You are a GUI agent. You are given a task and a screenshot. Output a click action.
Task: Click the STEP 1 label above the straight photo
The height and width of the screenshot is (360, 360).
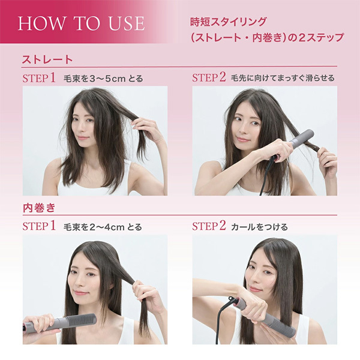pos(39,78)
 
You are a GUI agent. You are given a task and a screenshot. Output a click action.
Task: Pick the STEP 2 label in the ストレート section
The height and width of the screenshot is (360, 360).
pos(209,78)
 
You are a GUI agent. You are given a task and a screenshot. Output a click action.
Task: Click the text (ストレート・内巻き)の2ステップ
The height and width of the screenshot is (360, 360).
pos(263,38)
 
